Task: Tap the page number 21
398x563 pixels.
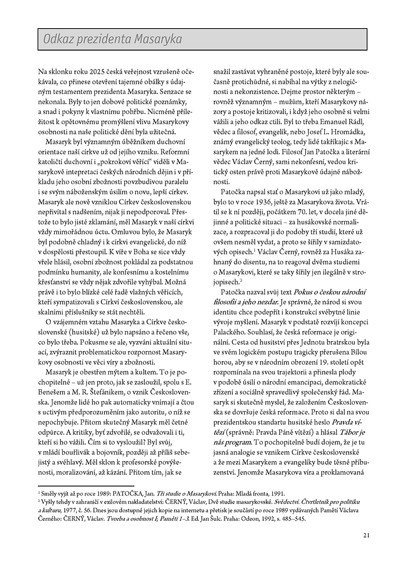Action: [x=366, y=535]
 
